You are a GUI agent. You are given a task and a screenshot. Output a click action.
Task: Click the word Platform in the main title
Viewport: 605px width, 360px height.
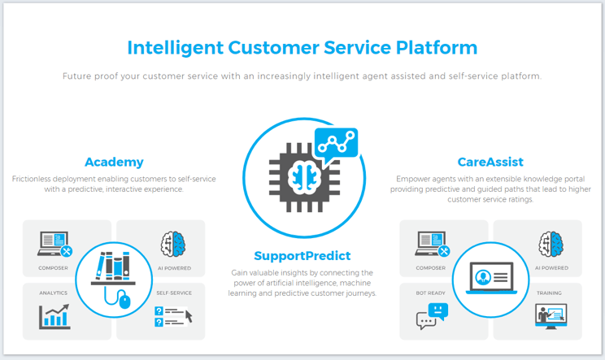[x=437, y=48]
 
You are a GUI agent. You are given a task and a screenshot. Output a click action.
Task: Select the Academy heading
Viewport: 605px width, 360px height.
[x=114, y=162]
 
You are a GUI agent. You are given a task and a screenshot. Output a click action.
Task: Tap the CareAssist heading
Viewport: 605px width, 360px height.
[x=490, y=162]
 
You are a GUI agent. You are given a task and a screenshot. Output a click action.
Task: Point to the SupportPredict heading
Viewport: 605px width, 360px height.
[x=302, y=255]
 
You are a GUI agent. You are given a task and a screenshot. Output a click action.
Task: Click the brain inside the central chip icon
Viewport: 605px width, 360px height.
[x=304, y=177]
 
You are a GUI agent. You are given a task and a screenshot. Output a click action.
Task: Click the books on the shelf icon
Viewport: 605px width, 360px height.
[x=113, y=266]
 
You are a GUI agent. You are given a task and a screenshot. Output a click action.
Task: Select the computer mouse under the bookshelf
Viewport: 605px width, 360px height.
[x=124, y=300]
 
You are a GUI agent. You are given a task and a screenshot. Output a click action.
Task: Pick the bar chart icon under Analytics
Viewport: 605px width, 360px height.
[x=54, y=316]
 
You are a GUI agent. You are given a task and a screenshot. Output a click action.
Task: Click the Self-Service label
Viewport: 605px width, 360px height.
[x=174, y=293]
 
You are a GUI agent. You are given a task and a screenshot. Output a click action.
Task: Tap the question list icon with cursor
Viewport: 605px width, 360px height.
[x=173, y=317]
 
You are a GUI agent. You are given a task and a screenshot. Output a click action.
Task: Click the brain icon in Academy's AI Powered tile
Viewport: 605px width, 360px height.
[x=173, y=244]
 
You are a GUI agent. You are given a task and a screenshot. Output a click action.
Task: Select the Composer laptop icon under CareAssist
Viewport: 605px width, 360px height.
[x=432, y=244]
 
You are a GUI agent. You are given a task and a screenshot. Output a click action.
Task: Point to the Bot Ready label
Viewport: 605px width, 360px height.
[x=431, y=293]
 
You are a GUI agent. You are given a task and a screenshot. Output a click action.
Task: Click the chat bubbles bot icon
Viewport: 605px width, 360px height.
[x=432, y=316]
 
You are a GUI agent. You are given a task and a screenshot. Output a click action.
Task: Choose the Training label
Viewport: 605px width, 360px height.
[x=549, y=293]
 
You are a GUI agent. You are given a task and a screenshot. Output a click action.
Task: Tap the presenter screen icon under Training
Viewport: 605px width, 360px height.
[x=551, y=316]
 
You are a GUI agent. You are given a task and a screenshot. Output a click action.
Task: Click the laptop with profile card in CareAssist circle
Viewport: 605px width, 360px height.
[x=491, y=278]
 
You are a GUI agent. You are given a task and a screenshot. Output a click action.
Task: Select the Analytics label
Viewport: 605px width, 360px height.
[x=53, y=293]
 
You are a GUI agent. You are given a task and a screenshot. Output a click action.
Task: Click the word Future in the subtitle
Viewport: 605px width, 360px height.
[x=76, y=76]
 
